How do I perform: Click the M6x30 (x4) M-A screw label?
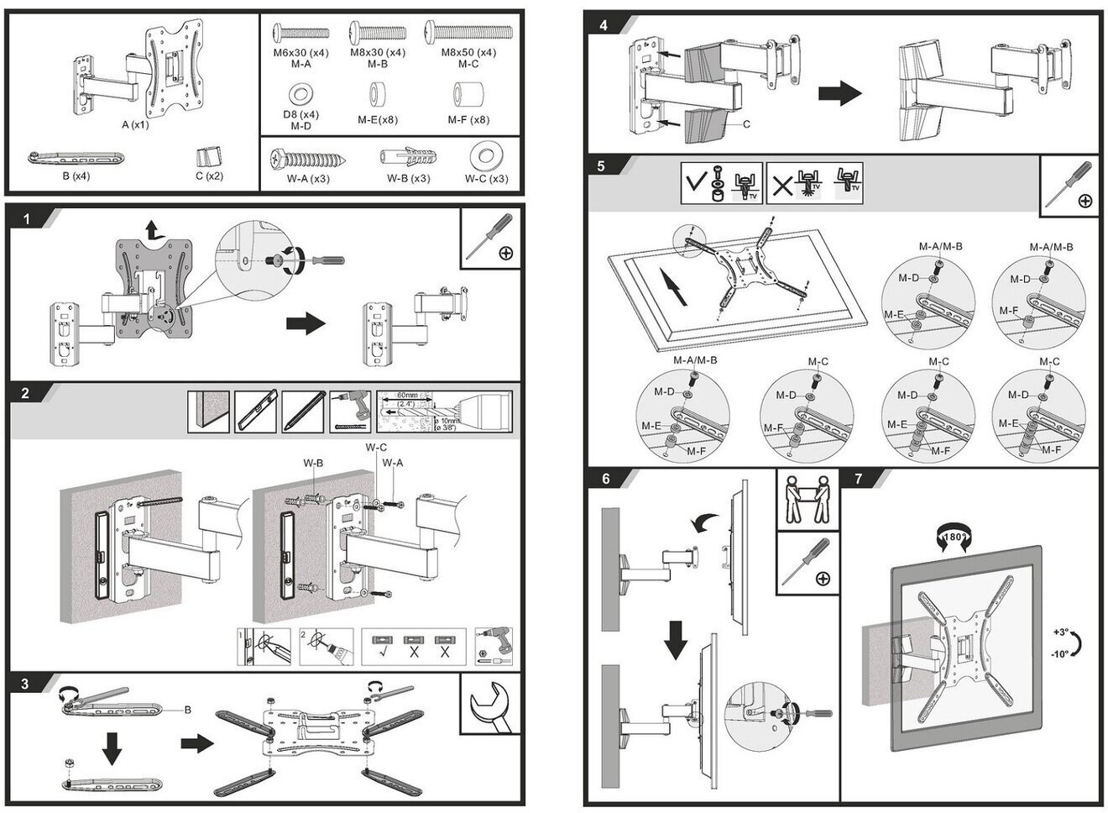point(301,57)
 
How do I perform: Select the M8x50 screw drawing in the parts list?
point(468,33)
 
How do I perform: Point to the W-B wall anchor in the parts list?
point(408,158)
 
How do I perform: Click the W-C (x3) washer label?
point(486,179)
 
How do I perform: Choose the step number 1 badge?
point(27,219)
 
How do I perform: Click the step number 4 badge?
point(603,26)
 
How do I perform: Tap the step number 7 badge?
point(857,479)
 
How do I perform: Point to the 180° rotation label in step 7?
point(954,537)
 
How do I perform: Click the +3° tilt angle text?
point(1061,632)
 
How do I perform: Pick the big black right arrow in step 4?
point(839,92)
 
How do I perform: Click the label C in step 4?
point(745,124)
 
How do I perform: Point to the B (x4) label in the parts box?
point(76,176)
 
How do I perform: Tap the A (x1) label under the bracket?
point(134,125)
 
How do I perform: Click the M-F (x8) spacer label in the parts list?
point(468,120)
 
